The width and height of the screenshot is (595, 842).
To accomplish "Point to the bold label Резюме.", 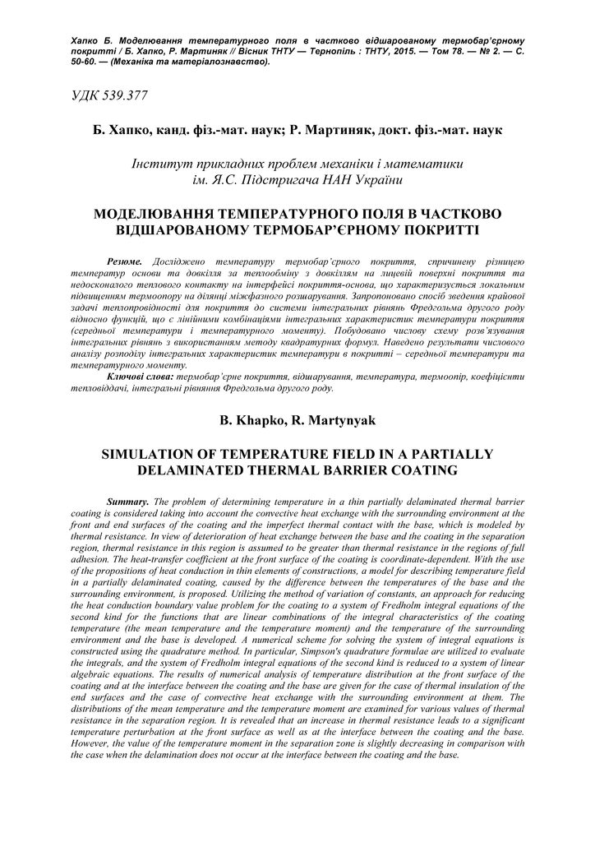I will pos(124,261).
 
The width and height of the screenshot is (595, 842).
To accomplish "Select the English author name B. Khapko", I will pos(251,421).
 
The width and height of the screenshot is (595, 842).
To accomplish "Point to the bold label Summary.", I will pos(128,502).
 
